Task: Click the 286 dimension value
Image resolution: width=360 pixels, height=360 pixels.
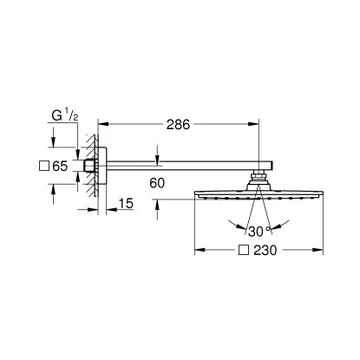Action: (178, 125)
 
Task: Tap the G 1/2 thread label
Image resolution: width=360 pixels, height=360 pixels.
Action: (65, 115)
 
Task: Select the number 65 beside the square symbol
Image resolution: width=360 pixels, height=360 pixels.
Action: (60, 166)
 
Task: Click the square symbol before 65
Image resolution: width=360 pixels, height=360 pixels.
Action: (44, 166)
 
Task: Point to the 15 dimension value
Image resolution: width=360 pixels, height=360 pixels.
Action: (126, 204)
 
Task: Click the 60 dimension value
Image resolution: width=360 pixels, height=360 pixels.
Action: (157, 183)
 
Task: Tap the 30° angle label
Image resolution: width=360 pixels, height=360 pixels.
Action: (259, 232)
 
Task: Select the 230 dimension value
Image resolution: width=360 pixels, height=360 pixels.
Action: (265, 251)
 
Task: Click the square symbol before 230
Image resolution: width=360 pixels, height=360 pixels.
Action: (244, 250)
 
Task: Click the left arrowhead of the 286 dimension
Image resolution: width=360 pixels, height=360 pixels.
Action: (103, 124)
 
